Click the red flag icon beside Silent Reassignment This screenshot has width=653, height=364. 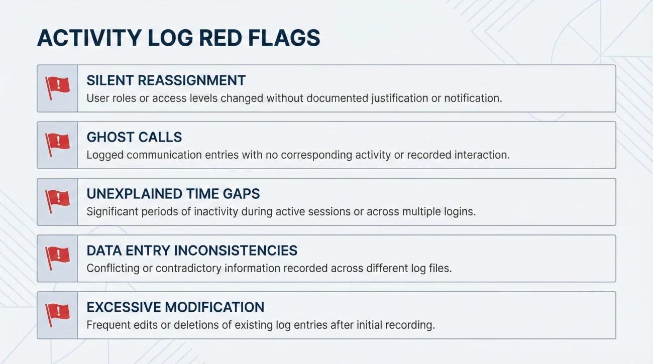[57, 88]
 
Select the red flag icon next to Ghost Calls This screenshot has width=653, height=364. [57, 145]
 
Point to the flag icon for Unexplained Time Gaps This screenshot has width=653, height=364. [57, 201]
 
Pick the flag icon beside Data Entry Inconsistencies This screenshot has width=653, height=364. [57, 258]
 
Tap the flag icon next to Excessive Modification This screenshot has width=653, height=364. [57, 315]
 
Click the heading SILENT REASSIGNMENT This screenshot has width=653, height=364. [166, 80]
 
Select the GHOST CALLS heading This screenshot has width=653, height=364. [134, 137]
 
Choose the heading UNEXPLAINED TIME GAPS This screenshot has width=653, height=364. [173, 194]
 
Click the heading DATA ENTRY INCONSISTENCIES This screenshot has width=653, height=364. [192, 251]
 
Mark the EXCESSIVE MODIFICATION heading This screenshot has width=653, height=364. [175, 307]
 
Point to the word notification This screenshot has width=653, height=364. [472, 98]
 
